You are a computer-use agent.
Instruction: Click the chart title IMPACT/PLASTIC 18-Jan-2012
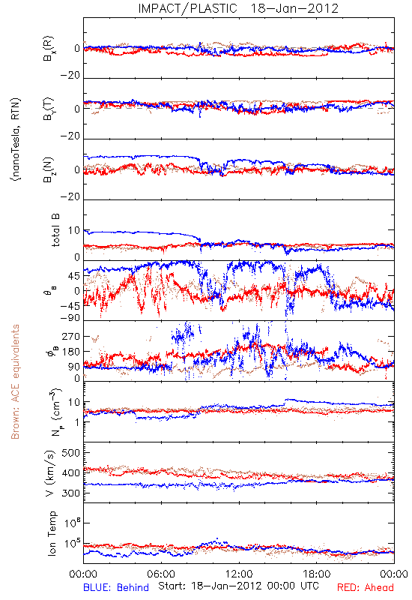pyautogui.click(x=238, y=8)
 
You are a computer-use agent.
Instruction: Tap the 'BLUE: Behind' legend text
pyautogui.click(x=116, y=587)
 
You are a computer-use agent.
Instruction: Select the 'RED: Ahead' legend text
pyautogui.click(x=365, y=587)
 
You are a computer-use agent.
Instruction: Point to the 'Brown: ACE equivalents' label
pyautogui.click(x=15, y=382)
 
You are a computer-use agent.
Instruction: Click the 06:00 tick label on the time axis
pyautogui.click(x=161, y=574)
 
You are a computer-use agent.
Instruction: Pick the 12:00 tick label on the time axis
pyautogui.click(x=239, y=574)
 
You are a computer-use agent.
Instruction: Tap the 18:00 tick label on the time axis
pyautogui.click(x=317, y=574)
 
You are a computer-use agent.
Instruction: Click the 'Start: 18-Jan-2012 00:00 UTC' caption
pyautogui.click(x=238, y=586)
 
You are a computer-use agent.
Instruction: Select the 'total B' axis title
pyautogui.click(x=55, y=230)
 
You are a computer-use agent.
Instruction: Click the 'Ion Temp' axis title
pyautogui.click(x=52, y=533)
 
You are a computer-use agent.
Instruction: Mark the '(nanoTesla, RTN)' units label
pyautogui.click(x=16, y=139)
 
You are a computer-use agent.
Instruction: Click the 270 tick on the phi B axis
pyautogui.click(x=70, y=336)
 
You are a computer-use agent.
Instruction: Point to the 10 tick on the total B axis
pyautogui.click(x=74, y=230)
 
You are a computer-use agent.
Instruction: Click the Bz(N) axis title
pyautogui.click(x=49, y=169)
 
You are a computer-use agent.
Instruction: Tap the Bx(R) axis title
pyautogui.click(x=49, y=49)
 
